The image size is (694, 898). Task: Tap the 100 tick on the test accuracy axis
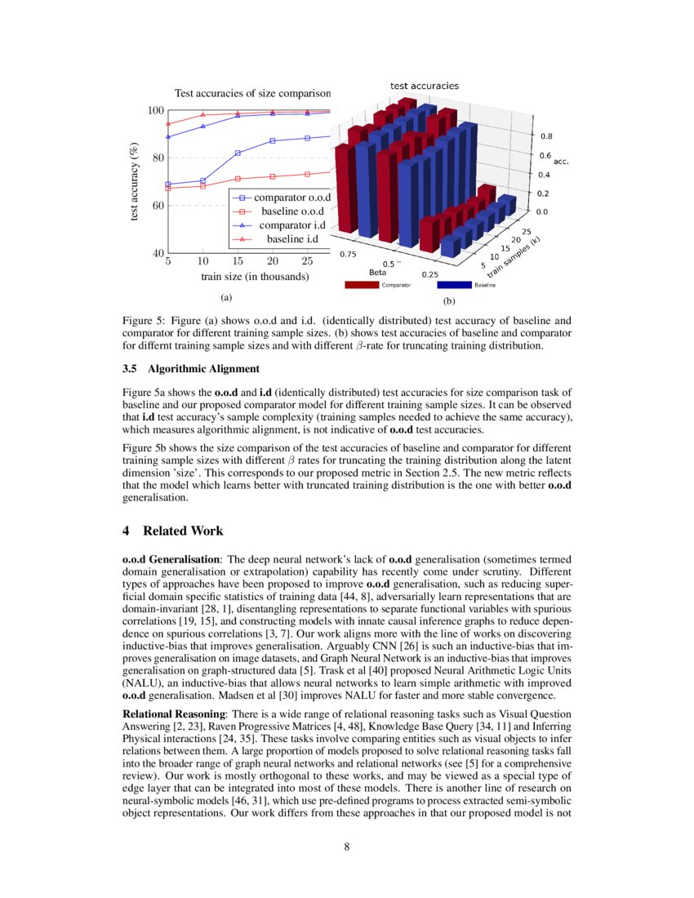point(153,110)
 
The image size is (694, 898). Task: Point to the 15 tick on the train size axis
point(238,261)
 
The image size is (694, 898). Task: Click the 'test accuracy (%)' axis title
point(133,181)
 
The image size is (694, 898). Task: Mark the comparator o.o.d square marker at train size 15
point(238,153)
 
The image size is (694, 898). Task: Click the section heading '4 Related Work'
point(172,531)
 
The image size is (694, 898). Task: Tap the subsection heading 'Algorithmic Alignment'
point(193,368)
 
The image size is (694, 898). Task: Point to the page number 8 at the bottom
point(346,846)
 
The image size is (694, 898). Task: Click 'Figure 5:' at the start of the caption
point(144,321)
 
